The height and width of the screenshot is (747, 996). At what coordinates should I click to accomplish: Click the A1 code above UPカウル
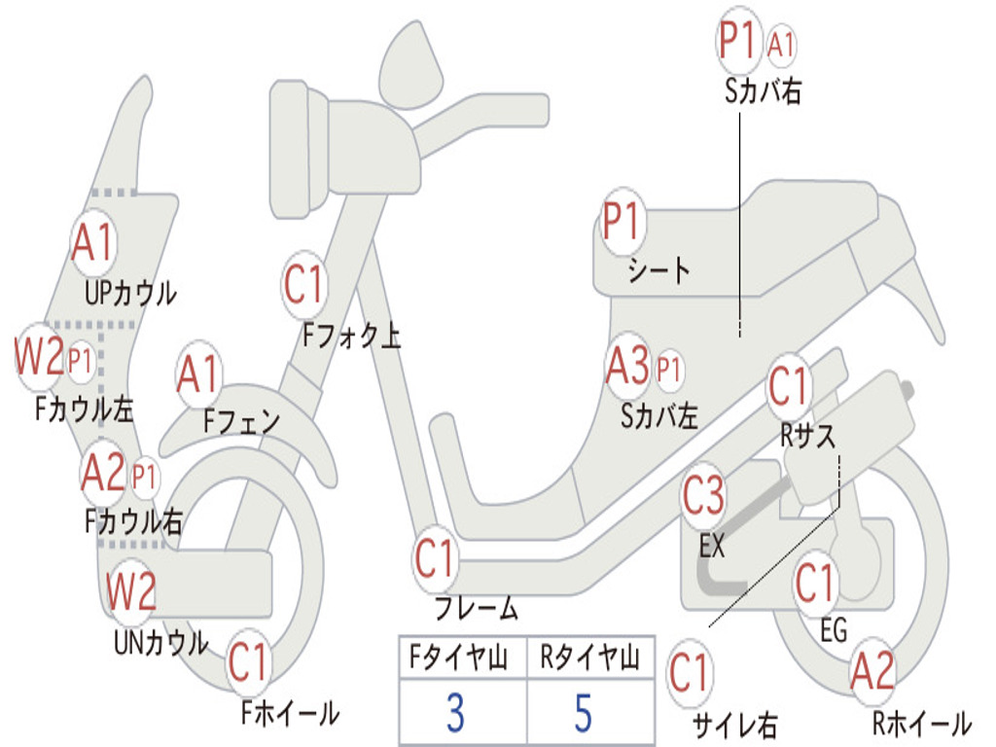pos(93,242)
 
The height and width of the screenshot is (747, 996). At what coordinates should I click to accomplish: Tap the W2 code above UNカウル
pos(131,591)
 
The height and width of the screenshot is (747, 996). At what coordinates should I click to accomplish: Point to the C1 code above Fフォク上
pos(304,285)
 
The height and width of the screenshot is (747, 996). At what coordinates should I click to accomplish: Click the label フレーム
pos(477,610)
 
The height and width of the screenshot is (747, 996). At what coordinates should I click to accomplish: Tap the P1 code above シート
pos(622,223)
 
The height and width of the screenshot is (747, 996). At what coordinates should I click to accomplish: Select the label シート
pos(658,269)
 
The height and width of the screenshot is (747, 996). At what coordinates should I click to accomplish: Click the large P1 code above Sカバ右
pos(737,42)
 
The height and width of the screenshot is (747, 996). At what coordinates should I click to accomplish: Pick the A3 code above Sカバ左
pos(627,368)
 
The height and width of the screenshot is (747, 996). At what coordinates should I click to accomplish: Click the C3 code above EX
pos(703,496)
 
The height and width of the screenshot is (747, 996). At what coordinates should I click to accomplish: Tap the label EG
pos(834,630)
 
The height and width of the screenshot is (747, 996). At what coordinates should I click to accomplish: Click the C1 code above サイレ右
pos(691,673)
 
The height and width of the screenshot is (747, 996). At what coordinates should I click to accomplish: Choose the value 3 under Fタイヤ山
pos(454,713)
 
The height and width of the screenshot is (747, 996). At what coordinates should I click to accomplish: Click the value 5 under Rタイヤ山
pos(583,713)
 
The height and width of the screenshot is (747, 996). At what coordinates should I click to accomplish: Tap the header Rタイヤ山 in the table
pos(589,659)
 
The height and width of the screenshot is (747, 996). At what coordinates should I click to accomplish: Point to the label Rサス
pos(808,437)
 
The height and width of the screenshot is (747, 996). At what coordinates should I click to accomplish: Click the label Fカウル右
pos(133,521)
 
